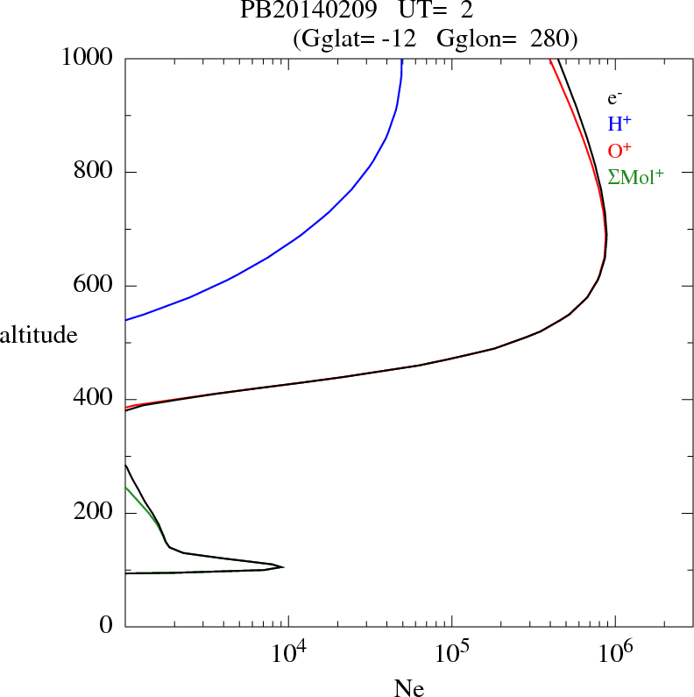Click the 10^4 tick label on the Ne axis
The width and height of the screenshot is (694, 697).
tap(289, 652)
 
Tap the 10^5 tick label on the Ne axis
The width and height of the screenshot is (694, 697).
tap(453, 652)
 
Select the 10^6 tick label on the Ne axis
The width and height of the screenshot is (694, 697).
tap(616, 652)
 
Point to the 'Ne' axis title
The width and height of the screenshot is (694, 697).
tap(408, 689)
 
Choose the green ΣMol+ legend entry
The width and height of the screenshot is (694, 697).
tap(635, 176)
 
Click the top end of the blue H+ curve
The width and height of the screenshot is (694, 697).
tap(401, 60)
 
